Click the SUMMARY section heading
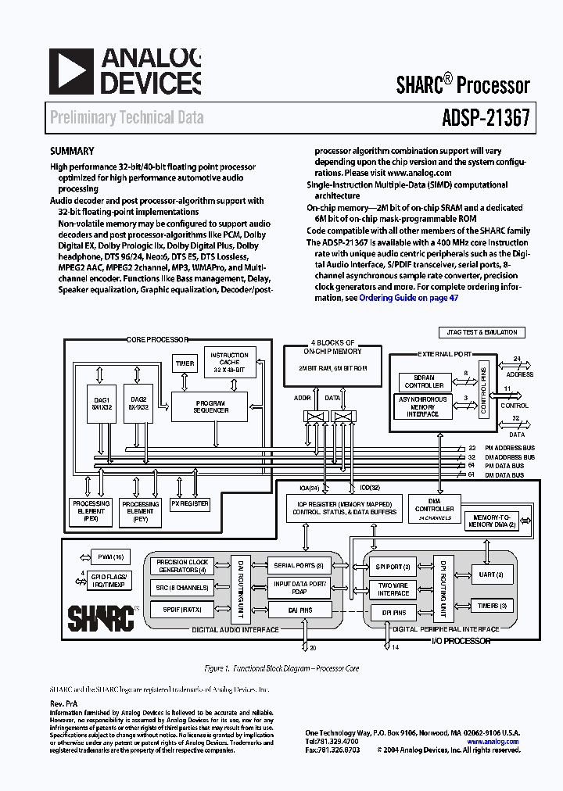tap(72, 152)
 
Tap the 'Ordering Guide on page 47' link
tap(408, 298)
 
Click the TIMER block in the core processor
tap(185, 363)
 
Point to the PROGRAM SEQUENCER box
tap(210, 406)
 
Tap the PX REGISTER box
tap(191, 504)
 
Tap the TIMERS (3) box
tap(492, 606)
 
